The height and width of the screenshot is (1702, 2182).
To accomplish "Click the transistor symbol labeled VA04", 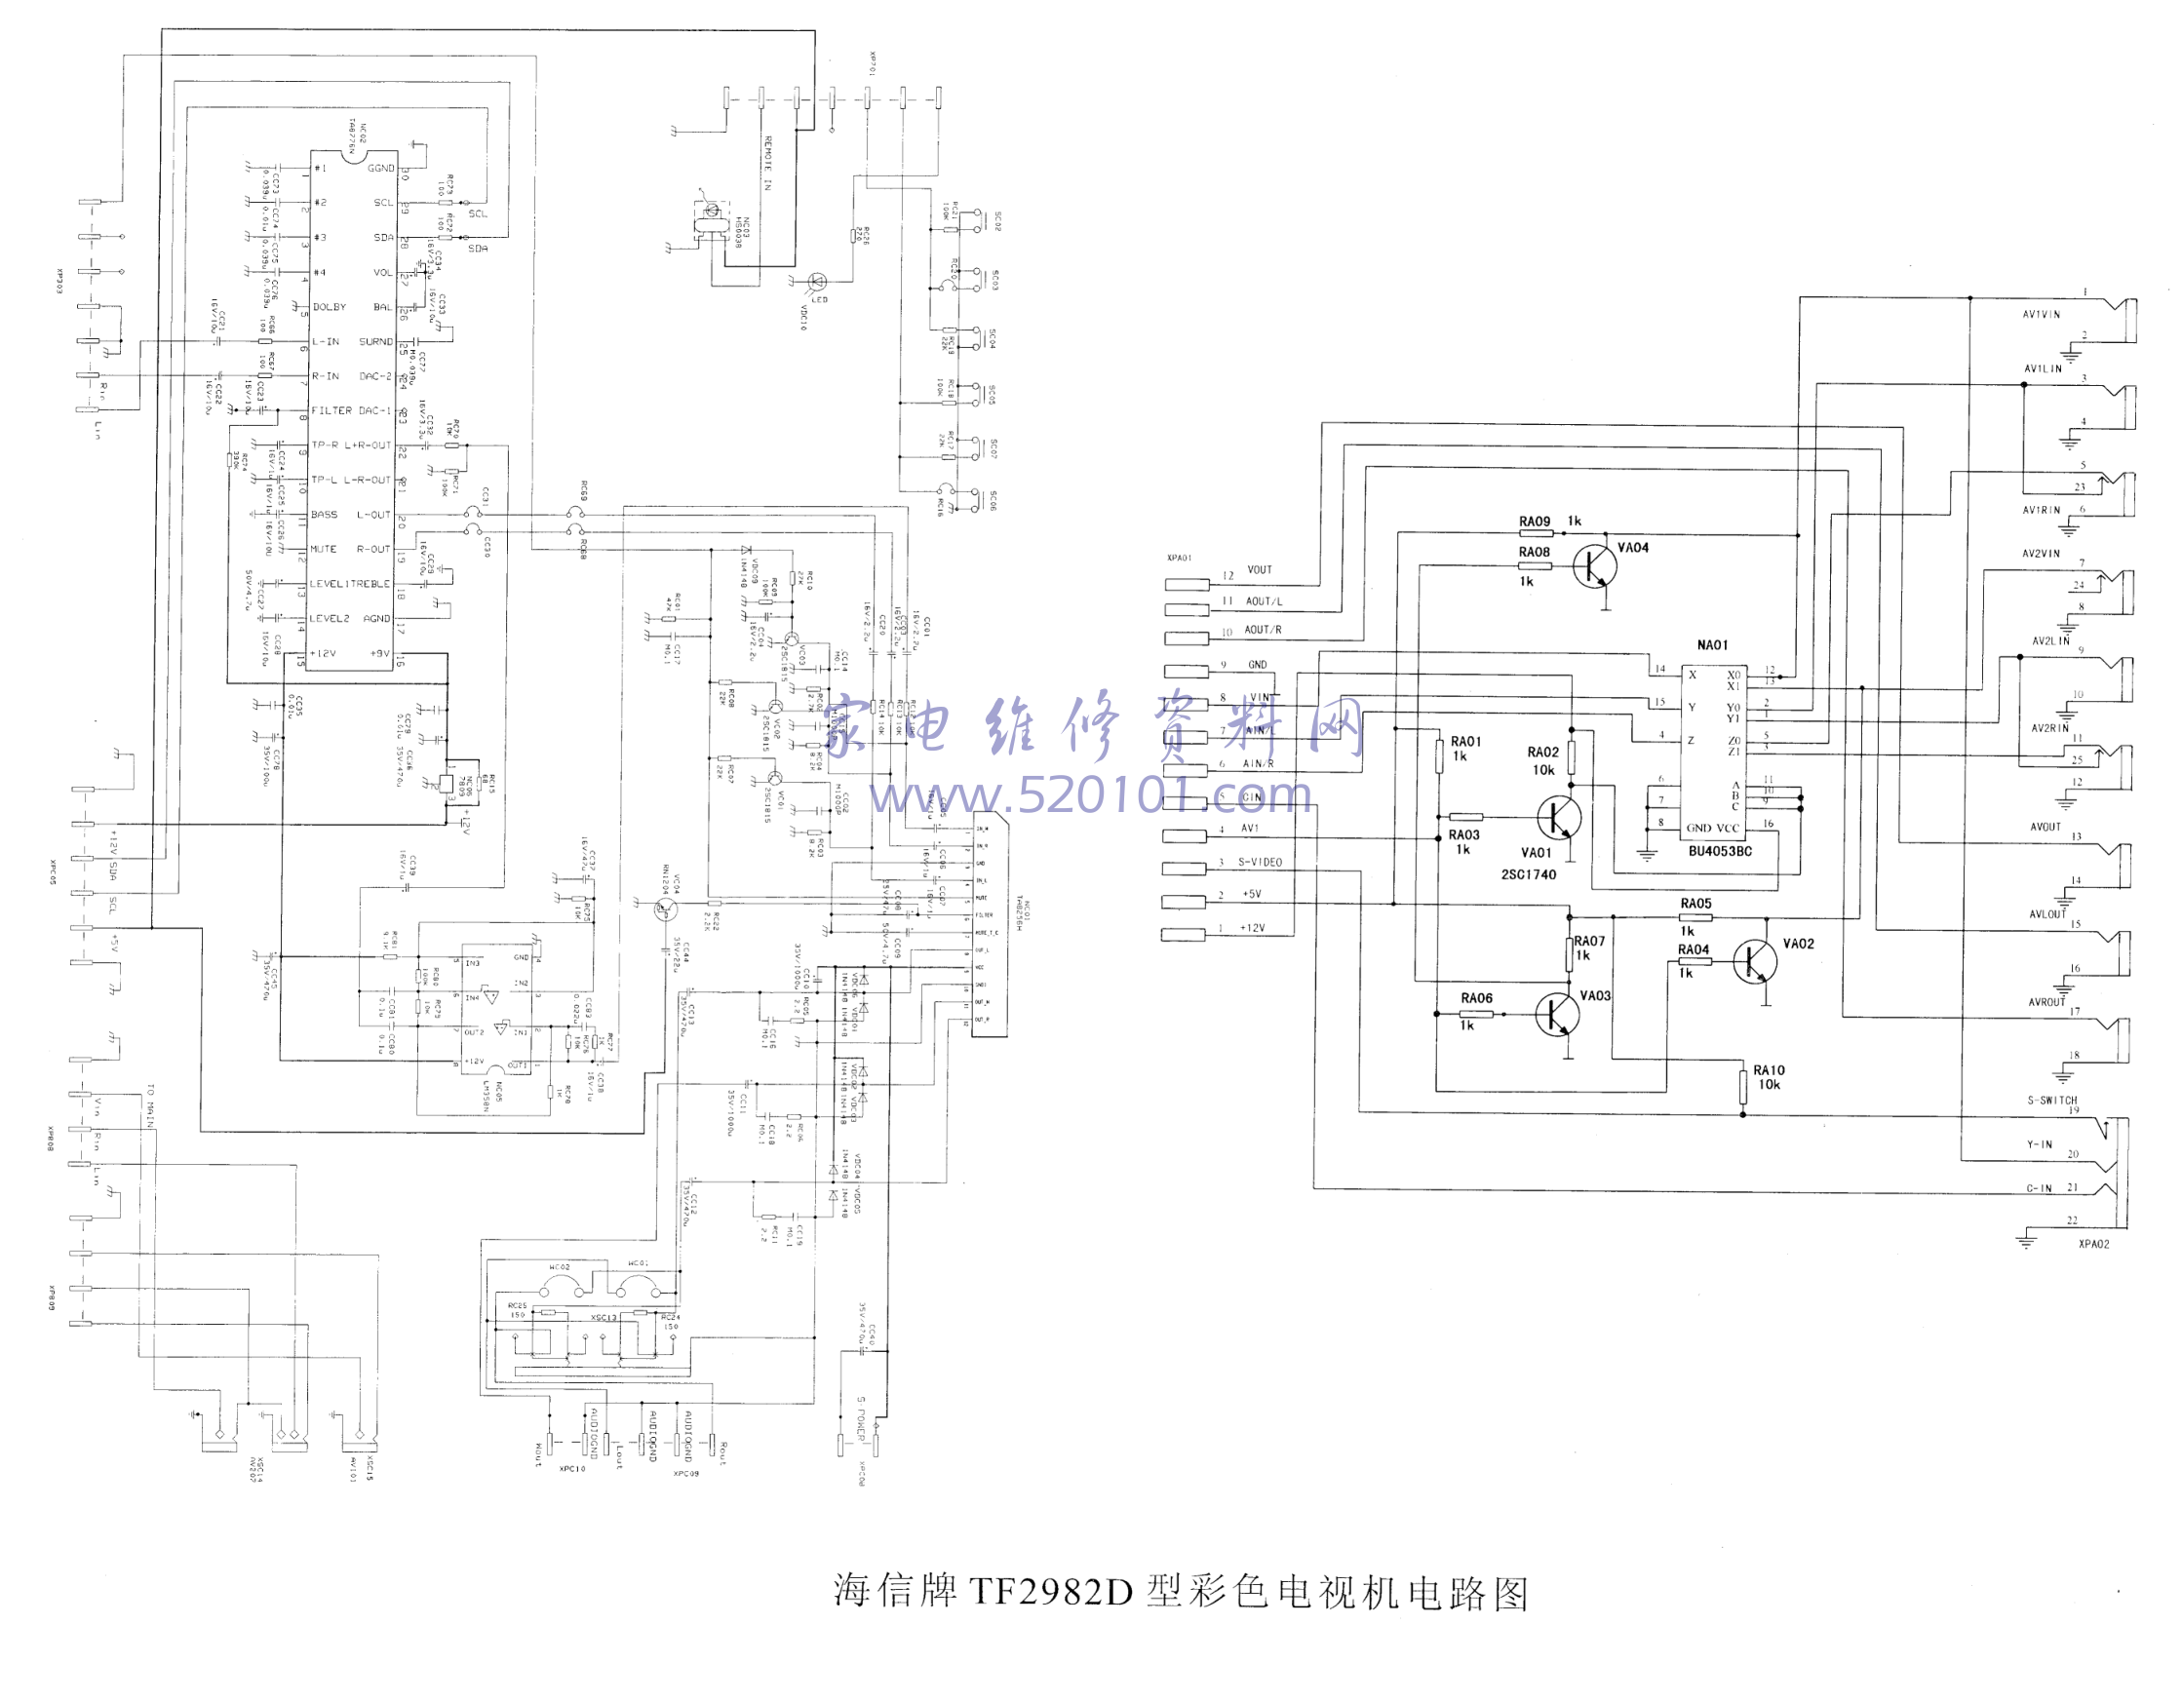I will pyautogui.click(x=1592, y=567).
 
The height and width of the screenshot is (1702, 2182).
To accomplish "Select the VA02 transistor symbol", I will pyautogui.click(x=1755, y=961).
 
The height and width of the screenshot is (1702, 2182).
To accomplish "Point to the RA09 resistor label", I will pyautogui.click(x=1535, y=522).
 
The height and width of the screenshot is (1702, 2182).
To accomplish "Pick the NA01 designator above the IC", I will pyautogui.click(x=1712, y=645).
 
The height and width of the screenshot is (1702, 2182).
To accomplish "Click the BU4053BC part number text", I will pyautogui.click(x=1721, y=852).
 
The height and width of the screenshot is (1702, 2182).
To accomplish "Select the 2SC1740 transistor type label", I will pyautogui.click(x=1529, y=874).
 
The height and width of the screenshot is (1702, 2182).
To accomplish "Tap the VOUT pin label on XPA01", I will pyautogui.click(x=1259, y=570).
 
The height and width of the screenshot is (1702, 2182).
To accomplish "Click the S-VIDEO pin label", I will pyautogui.click(x=1260, y=862).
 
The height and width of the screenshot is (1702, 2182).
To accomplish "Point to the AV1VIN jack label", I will pyautogui.click(x=2043, y=315).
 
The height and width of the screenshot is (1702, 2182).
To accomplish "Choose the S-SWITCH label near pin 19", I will pyautogui.click(x=2052, y=1101).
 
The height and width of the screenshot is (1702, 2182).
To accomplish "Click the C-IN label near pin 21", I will pyautogui.click(x=2039, y=1188).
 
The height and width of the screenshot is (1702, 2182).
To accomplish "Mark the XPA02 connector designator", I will pyautogui.click(x=2094, y=1245).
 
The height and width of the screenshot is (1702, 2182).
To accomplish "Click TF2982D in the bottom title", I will pyautogui.click(x=1051, y=1591).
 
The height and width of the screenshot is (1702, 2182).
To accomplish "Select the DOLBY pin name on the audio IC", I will pyautogui.click(x=330, y=307).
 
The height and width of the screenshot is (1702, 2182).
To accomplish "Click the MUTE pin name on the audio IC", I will pyautogui.click(x=324, y=550).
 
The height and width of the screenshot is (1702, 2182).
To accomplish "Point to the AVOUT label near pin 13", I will pyautogui.click(x=2046, y=827).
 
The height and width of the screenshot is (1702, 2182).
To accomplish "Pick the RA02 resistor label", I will pyautogui.click(x=1542, y=753).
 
